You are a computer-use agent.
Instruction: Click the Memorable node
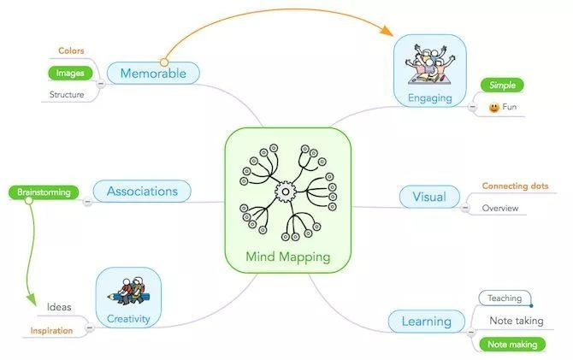pos(153,73)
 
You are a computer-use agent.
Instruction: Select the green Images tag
pos(70,73)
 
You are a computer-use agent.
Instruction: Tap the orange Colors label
pos(71,50)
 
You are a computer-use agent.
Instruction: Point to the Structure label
pos(67,94)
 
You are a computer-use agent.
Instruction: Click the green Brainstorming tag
pos(44,192)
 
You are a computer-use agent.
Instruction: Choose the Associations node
pos(142,192)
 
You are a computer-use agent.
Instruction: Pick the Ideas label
pos(59,307)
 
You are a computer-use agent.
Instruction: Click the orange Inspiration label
pos(51,331)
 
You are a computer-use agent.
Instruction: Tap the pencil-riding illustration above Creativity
pos(128,292)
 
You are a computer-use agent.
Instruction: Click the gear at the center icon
pos(286,192)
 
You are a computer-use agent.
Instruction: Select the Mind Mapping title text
pos(288,257)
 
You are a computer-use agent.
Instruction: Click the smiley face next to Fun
pos(494,107)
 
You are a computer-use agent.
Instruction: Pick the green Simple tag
pos(502,86)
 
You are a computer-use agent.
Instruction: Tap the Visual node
pos(429,197)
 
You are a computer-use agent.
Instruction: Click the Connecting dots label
pos(515,186)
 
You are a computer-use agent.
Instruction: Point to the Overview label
pos(500,208)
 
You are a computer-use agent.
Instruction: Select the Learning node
pos(427,322)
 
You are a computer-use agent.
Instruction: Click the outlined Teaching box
pos(505,298)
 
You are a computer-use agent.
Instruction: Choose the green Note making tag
pos(512,345)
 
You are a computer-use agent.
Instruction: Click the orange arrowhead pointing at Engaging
pos(387,31)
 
